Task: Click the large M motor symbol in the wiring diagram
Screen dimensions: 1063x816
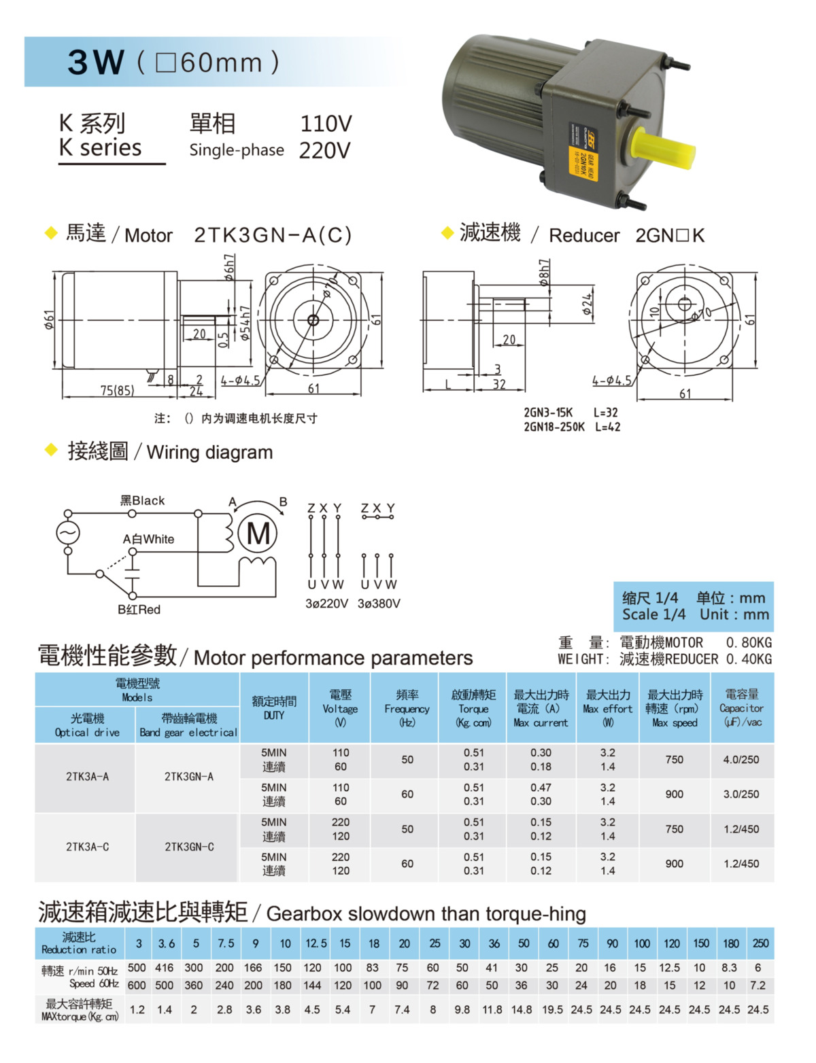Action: (x=258, y=534)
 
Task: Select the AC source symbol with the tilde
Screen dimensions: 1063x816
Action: (x=68, y=533)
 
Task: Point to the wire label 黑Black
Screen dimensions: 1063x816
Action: (x=142, y=501)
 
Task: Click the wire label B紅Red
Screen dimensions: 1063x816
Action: (x=139, y=610)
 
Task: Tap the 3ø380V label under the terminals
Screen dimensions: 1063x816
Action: (x=379, y=604)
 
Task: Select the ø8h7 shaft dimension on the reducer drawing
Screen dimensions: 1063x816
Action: (x=545, y=271)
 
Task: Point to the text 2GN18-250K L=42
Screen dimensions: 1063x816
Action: (x=572, y=427)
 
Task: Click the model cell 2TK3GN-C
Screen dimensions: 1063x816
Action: (x=189, y=847)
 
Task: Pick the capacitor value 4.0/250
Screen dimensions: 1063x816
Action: (x=741, y=760)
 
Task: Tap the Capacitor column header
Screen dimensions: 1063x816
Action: (x=741, y=708)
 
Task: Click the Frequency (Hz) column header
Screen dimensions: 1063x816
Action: (x=407, y=708)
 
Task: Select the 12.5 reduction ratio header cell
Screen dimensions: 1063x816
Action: (x=316, y=943)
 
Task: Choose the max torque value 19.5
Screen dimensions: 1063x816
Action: (x=551, y=1009)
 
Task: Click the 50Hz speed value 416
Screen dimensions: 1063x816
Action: (x=164, y=968)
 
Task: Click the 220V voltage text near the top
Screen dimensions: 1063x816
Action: (x=324, y=150)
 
